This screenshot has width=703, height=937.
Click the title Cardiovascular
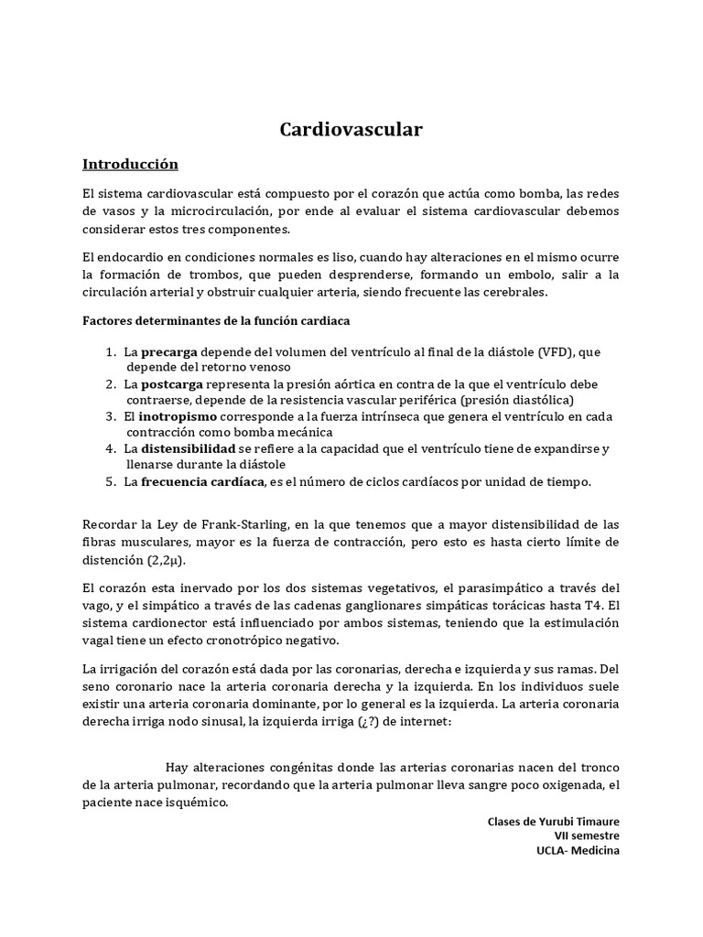pos(351,130)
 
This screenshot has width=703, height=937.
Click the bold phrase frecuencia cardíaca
pos(201,481)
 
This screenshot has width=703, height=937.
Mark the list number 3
pos(110,416)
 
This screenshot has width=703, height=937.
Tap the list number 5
pos(110,481)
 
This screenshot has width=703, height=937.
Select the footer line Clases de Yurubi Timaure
pos(555,821)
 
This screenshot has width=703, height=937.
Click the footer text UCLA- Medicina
pos(578,852)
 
